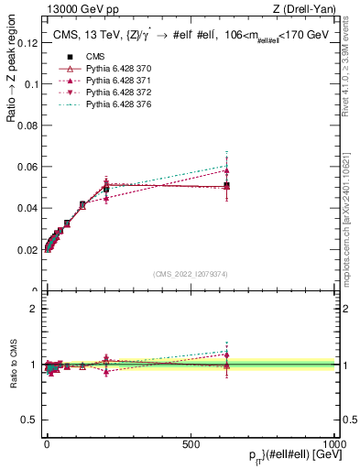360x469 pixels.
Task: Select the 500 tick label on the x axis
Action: click(x=191, y=442)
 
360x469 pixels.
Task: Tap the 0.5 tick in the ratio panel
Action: click(x=29, y=420)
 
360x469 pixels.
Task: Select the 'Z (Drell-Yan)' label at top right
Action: click(x=310, y=9)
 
